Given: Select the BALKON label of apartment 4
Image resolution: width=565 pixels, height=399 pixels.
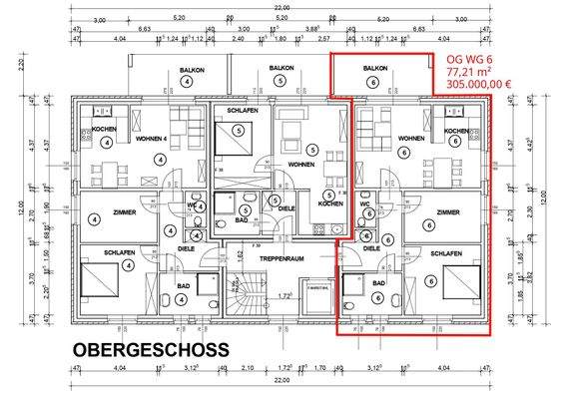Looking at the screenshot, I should coord(193,69).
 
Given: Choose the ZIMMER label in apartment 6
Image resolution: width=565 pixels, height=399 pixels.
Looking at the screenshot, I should coord(450,211).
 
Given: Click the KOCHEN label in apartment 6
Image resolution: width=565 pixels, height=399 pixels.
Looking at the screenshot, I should coord(457,131).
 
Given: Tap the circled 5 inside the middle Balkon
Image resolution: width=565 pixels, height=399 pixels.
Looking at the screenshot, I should coord(282,81).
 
